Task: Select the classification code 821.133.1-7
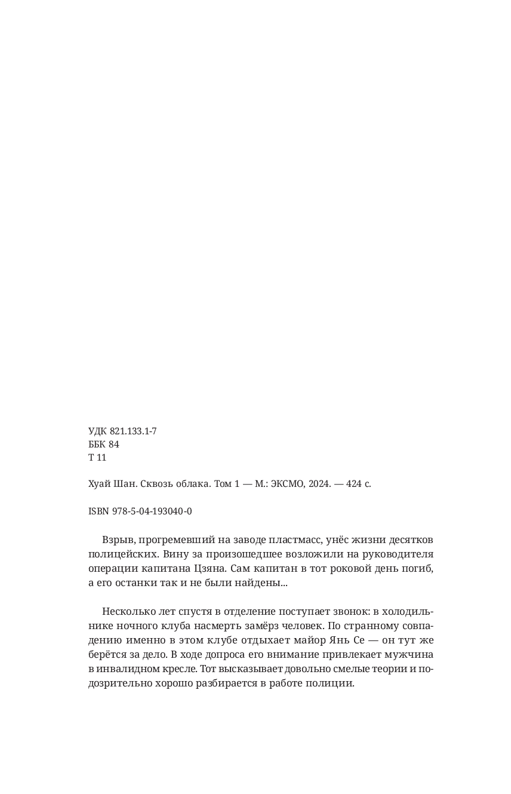[133, 431]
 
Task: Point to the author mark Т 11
[97, 458]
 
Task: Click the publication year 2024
[318, 484]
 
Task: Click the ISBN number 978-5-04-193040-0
[152, 511]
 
